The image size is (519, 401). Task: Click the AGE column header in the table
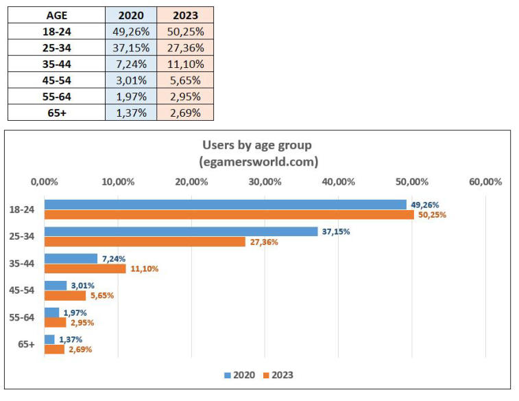[56, 15]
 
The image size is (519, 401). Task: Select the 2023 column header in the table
[185, 15]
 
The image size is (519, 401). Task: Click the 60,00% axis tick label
[485, 182]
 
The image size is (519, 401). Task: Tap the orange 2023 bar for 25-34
[145, 242]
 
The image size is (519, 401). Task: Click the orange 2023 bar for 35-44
[85, 268]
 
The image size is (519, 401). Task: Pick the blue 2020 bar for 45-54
[56, 286]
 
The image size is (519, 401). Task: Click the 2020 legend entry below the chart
[239, 376]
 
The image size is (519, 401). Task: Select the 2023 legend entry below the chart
[277, 376]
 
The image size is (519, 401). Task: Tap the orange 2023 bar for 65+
[54, 349]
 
